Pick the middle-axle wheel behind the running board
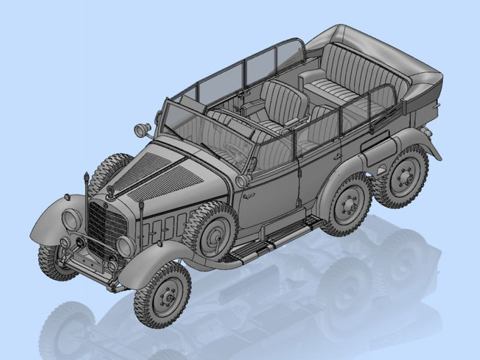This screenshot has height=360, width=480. click(347, 204)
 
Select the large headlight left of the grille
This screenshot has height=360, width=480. click(72, 220)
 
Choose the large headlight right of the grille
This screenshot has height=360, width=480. click(126, 246)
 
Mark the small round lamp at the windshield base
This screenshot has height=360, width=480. click(241, 180)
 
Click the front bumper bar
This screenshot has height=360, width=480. click(90, 273)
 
